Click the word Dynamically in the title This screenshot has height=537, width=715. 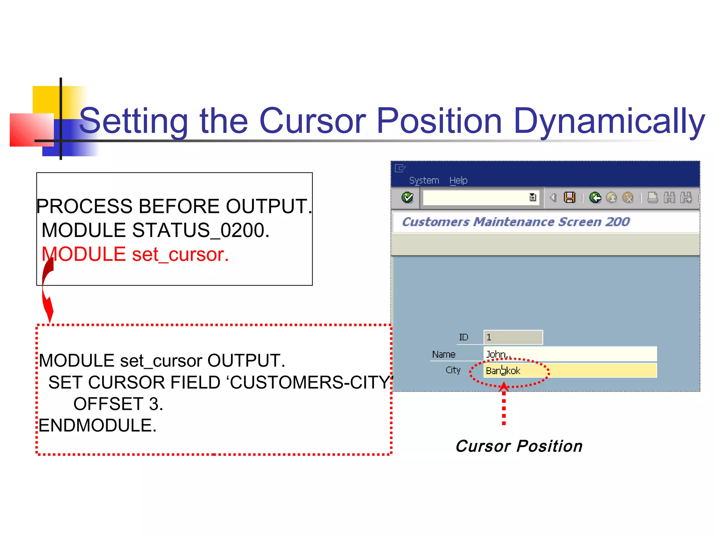[x=609, y=121]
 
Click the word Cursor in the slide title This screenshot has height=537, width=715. [x=312, y=121]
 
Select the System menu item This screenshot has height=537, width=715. [x=424, y=180]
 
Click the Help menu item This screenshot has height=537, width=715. [x=458, y=180]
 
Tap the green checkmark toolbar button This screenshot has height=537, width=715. [x=407, y=198]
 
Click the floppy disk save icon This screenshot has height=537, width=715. [x=569, y=198]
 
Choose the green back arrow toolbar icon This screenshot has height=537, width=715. [x=595, y=198]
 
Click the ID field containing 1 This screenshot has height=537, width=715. [x=513, y=337]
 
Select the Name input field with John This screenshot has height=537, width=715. [x=570, y=354]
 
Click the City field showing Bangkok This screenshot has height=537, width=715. [x=570, y=371]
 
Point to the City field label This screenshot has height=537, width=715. [x=453, y=370]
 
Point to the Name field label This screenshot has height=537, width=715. [x=444, y=355]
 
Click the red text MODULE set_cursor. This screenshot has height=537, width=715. [x=135, y=254]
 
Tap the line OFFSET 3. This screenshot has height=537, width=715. [x=118, y=404]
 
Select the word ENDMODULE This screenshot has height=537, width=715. [x=97, y=425]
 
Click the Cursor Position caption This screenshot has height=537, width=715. [x=519, y=446]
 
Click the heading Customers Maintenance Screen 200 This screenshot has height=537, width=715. [x=516, y=222]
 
